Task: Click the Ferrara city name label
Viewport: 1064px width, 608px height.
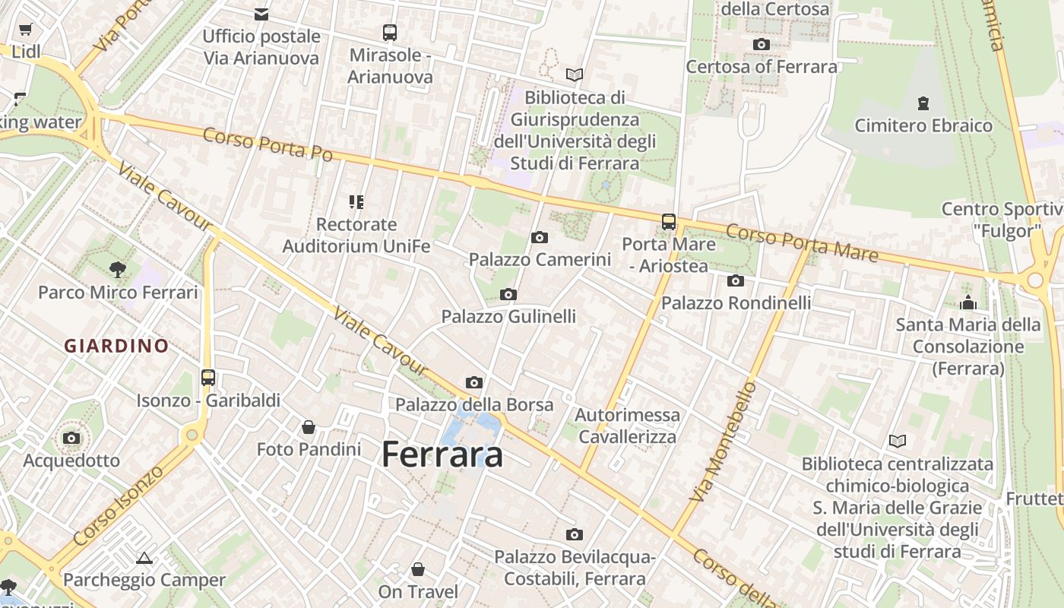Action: [442, 454]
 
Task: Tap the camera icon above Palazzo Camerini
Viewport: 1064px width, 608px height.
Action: [540, 238]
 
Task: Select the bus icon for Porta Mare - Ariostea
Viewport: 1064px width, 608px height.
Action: [669, 222]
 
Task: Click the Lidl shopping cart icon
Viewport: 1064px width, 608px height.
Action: [26, 30]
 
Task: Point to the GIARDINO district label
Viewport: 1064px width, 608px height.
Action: [116, 346]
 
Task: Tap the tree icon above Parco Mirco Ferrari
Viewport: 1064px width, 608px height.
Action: [117, 268]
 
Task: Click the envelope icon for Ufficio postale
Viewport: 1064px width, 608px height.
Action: [261, 14]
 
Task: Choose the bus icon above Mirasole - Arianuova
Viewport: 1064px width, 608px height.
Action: [390, 33]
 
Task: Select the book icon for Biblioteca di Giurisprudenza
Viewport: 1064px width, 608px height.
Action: [575, 74]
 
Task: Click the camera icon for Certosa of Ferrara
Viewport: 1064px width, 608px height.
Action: [761, 44]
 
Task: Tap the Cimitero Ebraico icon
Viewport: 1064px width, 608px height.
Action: [923, 103]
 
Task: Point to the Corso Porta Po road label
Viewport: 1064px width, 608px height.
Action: [268, 144]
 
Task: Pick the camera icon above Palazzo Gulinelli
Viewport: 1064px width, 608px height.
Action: [508, 294]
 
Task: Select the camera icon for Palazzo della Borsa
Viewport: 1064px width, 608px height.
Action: [474, 382]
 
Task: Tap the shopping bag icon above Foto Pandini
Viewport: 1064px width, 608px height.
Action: [309, 427]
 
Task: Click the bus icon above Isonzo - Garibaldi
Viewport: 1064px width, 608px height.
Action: [208, 377]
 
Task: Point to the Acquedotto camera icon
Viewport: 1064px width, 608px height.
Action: [71, 438]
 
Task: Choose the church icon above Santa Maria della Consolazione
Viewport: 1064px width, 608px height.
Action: [967, 302]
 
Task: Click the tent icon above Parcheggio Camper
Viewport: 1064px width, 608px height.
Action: [144, 559]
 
